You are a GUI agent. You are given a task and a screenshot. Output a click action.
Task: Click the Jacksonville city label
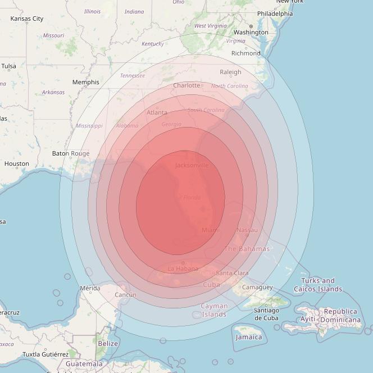coord(192,165)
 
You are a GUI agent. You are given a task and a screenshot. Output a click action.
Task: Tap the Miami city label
coord(211,230)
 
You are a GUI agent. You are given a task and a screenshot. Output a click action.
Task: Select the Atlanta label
coord(157,112)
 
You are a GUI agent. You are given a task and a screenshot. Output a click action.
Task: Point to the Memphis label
coord(85,82)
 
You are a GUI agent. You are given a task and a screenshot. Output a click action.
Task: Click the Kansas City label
coord(26,19)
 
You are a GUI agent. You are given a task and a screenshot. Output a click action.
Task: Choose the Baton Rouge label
coord(71,153)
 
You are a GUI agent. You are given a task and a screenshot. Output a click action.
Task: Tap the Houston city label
coord(16,164)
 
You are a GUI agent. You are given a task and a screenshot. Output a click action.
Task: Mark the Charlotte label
coord(186,85)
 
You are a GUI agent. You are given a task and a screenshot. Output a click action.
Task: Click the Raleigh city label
coord(230,72)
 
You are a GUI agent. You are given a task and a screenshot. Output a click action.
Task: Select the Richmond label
coord(245,53)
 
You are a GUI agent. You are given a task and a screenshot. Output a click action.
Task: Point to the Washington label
coord(251,33)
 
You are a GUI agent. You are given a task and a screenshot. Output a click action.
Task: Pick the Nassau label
coord(247,230)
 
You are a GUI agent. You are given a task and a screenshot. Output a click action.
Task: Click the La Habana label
coord(183,269)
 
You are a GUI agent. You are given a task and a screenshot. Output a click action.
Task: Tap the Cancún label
coord(125,295)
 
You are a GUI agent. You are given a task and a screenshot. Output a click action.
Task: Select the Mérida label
coord(90,288)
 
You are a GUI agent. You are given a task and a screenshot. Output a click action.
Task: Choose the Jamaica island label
coord(248,337)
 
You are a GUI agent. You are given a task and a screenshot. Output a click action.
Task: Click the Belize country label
coord(108,343)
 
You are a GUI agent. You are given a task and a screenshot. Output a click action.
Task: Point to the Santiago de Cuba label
coord(266,314)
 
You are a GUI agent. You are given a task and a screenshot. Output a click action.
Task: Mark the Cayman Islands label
coord(215,310)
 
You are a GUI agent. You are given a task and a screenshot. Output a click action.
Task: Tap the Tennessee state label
coord(132,76)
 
